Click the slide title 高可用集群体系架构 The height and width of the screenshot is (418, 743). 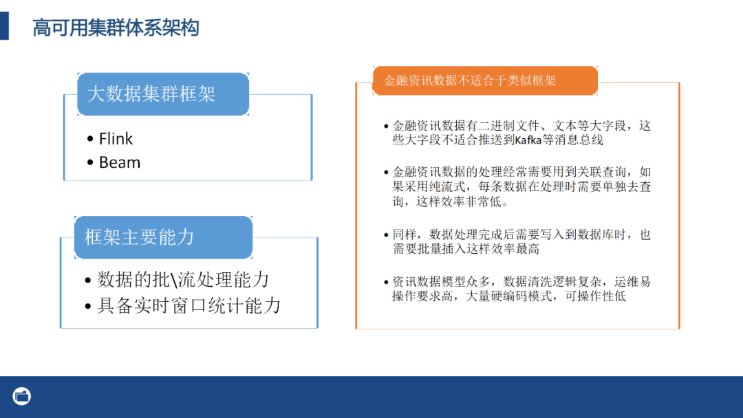116,28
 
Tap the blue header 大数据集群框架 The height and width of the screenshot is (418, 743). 151,94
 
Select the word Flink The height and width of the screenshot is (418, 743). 116,139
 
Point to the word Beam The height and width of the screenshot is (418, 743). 120,163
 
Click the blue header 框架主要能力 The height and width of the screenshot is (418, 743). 140,237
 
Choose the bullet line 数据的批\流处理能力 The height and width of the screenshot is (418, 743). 183,280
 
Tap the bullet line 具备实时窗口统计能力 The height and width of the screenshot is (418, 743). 189,305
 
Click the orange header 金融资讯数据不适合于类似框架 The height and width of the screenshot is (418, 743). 470,80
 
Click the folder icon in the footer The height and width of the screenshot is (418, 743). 22,396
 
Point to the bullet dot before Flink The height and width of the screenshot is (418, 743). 91,140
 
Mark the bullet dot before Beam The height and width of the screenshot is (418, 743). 91,164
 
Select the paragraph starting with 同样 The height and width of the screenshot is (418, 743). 521,241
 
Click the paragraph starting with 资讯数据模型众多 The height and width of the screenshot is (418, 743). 521,289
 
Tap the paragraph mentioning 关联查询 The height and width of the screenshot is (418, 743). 521,186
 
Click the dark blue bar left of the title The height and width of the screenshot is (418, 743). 4,27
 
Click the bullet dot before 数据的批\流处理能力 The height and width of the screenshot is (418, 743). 88,281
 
